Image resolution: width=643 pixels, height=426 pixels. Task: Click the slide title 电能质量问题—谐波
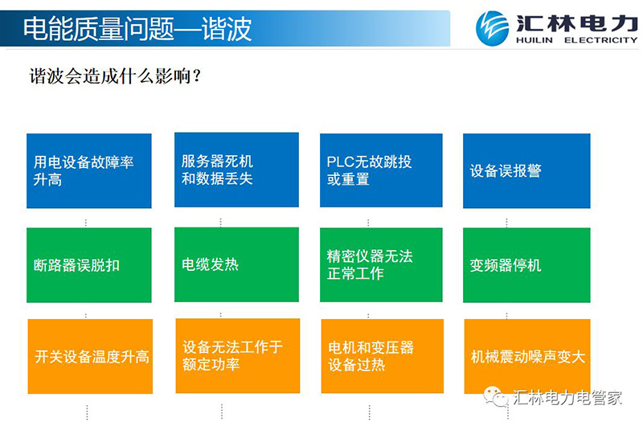click(x=137, y=29)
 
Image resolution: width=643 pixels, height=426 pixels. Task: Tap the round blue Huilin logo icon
click(x=492, y=28)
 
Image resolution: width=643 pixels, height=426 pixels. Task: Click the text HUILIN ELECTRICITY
click(x=576, y=40)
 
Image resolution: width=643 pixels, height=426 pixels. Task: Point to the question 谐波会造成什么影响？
click(x=115, y=76)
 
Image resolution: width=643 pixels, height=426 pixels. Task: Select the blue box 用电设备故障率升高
click(x=89, y=170)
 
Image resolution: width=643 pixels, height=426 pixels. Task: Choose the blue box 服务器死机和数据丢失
click(x=236, y=170)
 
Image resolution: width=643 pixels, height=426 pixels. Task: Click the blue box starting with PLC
click(x=381, y=170)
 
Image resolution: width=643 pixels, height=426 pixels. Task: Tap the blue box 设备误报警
click(x=526, y=170)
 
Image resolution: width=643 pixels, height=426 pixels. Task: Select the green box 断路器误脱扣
click(x=89, y=265)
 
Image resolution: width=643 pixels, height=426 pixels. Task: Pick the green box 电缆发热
click(x=236, y=265)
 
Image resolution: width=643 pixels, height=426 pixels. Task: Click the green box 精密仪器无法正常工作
click(x=381, y=265)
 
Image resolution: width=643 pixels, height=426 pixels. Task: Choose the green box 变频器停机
click(x=526, y=265)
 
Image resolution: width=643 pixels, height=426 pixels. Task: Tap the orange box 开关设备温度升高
click(x=90, y=356)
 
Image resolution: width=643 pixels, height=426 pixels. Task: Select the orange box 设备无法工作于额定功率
click(x=238, y=356)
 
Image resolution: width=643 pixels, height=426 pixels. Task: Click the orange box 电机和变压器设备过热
click(x=383, y=356)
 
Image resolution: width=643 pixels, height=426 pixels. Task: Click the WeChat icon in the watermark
click(x=495, y=396)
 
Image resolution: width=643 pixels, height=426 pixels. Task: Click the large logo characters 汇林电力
click(x=577, y=23)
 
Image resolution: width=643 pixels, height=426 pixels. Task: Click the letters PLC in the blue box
click(x=340, y=162)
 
